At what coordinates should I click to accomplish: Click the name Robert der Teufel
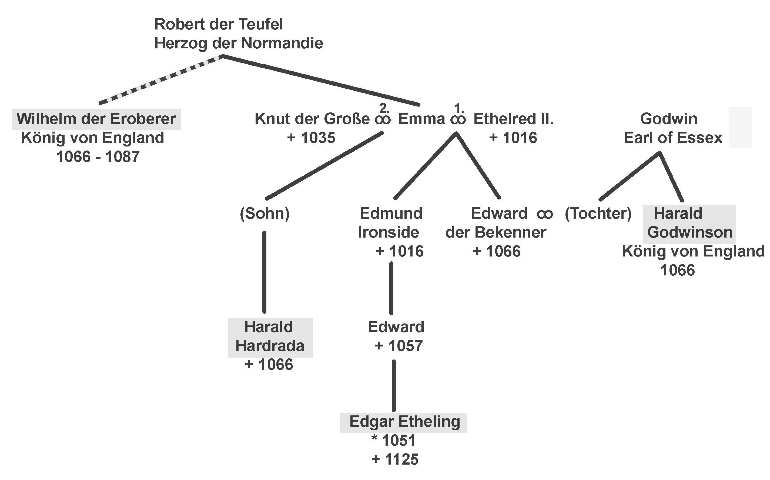218,24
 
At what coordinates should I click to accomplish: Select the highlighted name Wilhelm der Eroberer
96,119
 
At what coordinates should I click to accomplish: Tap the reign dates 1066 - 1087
98,157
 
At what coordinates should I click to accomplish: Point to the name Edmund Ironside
390,223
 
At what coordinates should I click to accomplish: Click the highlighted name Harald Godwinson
689,223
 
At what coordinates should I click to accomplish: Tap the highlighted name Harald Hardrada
270,336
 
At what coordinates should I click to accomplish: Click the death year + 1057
399,346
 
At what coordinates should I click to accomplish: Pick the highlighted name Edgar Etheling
404,422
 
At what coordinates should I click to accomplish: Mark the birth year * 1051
393,441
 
